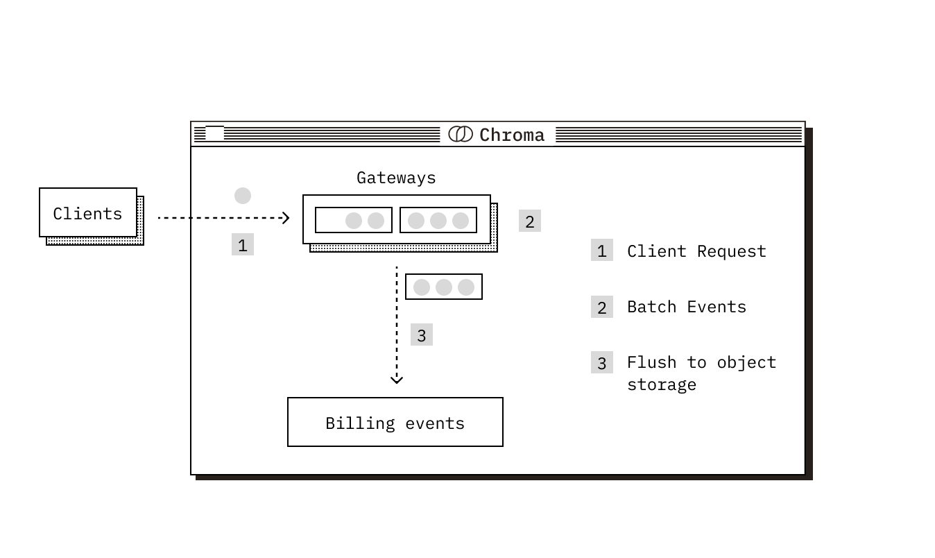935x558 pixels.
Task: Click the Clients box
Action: [88, 213]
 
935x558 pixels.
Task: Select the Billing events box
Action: [395, 422]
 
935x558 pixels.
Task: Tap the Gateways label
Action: [396, 178]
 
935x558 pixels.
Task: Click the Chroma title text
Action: [512, 135]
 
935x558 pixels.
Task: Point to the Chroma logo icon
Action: [461, 134]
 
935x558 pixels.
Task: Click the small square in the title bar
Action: [214, 133]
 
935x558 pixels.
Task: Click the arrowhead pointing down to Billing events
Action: [397, 379]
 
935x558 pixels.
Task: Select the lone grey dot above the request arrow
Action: [243, 196]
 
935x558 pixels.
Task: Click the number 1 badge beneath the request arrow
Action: [243, 245]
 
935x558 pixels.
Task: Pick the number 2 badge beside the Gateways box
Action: [530, 221]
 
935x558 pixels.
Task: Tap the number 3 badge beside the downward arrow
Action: [422, 335]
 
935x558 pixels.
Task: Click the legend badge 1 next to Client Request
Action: [602, 251]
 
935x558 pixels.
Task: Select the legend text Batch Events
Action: [687, 307]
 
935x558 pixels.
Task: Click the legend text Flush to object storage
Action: [701, 373]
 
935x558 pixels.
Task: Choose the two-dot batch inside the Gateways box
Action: [354, 220]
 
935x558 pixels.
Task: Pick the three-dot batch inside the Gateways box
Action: [438, 220]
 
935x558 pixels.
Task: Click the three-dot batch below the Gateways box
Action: [444, 287]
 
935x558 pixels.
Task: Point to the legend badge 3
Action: [602, 362]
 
